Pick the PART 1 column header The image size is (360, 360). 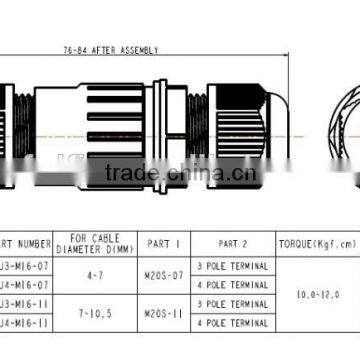pos(163,243)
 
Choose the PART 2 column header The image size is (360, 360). pos(229,243)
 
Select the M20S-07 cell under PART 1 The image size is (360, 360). pos(163,275)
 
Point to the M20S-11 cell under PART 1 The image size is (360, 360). pos(163,313)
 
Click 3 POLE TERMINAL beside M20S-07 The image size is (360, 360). pos(233,266)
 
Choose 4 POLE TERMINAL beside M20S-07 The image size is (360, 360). pos(233,285)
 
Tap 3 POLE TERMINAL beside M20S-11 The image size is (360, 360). pos(233,304)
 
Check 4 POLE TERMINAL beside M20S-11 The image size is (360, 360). pos(233,323)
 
